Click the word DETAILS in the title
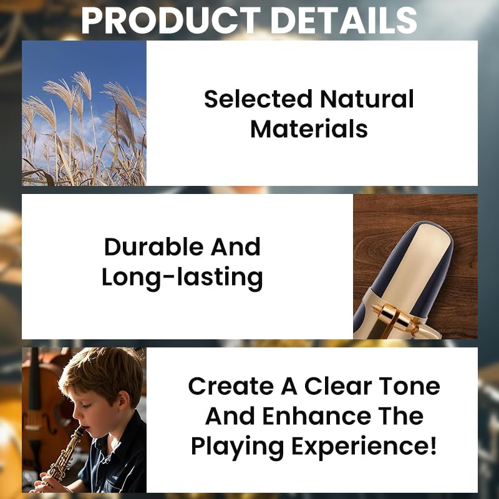(x=344, y=21)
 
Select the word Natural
(x=367, y=99)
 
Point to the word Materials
(x=309, y=129)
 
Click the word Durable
(x=153, y=246)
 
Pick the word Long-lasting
(x=182, y=278)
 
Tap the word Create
(x=231, y=386)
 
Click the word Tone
(x=410, y=386)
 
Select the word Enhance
(x=317, y=416)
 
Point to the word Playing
(x=238, y=447)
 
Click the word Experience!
(x=364, y=447)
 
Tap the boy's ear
(x=124, y=402)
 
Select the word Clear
(x=338, y=386)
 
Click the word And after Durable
(x=236, y=246)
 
